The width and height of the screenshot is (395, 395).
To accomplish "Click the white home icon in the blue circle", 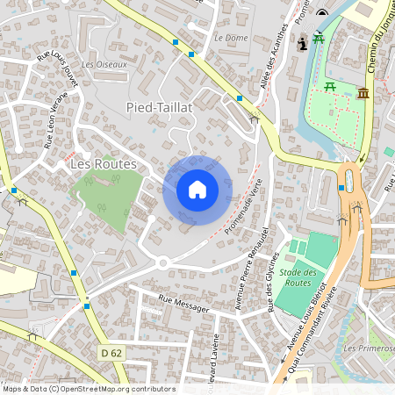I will pyautogui.click(x=197, y=190).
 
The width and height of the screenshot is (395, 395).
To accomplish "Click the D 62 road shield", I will pyautogui.click(x=110, y=352).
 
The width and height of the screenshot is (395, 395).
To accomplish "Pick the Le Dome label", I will pyautogui.click(x=231, y=38).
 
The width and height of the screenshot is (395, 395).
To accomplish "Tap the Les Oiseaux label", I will pyautogui.click(x=104, y=64).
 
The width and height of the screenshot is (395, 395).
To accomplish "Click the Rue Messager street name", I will pyautogui.click(x=184, y=304).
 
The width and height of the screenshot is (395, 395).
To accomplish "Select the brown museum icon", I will pyautogui.click(x=363, y=93).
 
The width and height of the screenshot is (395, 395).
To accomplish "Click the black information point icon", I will pyautogui.click(x=303, y=43).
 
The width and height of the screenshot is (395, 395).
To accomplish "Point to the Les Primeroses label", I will pyautogui.click(x=369, y=348).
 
